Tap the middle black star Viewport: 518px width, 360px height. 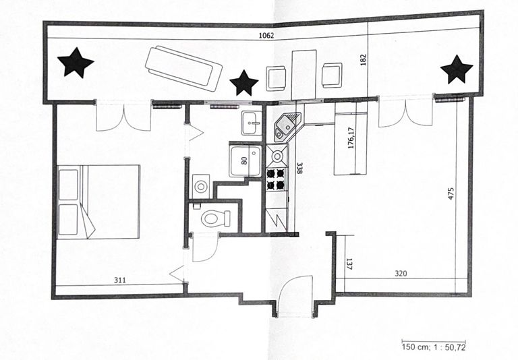click(x=243, y=83)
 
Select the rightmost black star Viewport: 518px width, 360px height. click(x=457, y=69)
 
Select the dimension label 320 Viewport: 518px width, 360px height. click(x=403, y=274)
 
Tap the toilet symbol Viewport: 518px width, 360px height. click(x=218, y=218)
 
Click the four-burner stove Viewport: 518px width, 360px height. click(x=277, y=179)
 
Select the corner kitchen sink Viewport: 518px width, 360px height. click(x=287, y=125)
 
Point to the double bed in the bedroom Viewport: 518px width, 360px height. click(x=98, y=202)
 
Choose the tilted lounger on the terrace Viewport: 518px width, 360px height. click(x=183, y=67)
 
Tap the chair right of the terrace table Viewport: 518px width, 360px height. click(x=332, y=75)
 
